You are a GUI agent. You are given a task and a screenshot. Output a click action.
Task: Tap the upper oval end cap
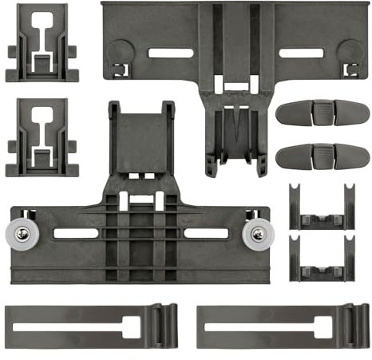pyautogui.click(x=318, y=113)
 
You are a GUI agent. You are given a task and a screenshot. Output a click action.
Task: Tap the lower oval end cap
pyautogui.click(x=318, y=155)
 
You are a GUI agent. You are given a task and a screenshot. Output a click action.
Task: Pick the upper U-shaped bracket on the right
pyautogui.click(x=321, y=210)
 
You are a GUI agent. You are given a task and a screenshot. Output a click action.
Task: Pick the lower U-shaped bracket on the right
pyautogui.click(x=321, y=259)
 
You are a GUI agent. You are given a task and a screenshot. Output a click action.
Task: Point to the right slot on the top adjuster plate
pyautogui.click(x=301, y=54)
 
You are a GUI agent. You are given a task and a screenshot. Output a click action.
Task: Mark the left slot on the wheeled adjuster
pyautogui.click(x=76, y=234)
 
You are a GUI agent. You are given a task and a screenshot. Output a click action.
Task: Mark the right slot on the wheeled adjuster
pyautogui.click(x=205, y=234)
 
